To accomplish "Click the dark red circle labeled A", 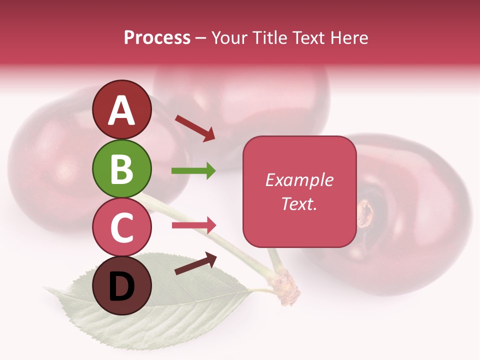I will coord(122,109).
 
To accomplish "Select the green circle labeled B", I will coord(122,168).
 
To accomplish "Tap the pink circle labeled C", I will coord(122,227).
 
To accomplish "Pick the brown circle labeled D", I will coord(122,286).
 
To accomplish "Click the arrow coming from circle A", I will coord(195,128).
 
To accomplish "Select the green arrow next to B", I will coord(193,171).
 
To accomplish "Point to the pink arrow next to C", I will coord(194,225).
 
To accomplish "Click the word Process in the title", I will coord(157,38).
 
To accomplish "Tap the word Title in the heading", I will coord(269,38).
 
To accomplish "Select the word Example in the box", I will coord(299,180).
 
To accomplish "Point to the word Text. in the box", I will coord(299,204).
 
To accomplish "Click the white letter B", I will coord(122,168).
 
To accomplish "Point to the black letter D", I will coord(122,286).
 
